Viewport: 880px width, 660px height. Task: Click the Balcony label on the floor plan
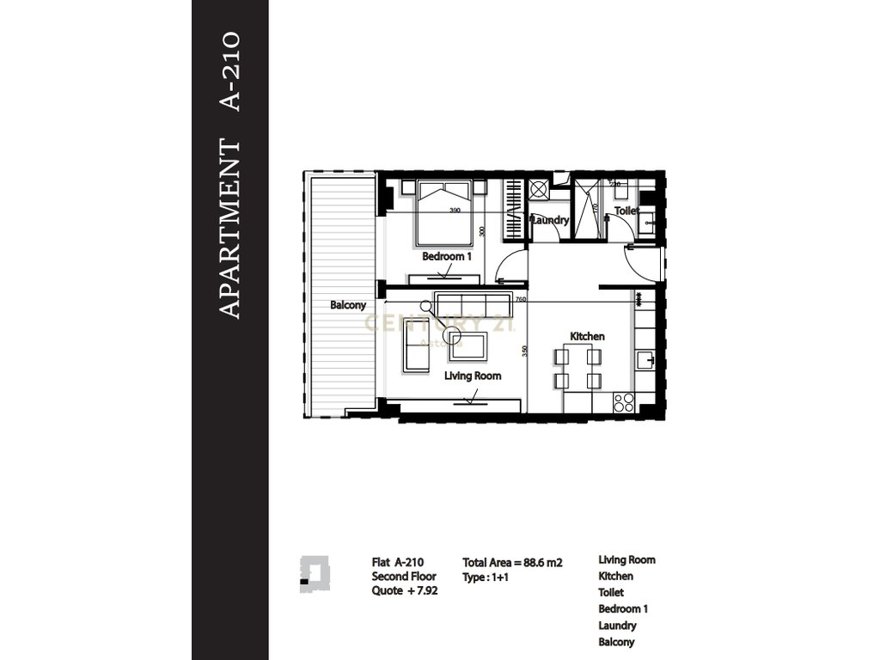tap(348, 305)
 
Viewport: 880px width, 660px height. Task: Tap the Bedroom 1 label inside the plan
tap(447, 256)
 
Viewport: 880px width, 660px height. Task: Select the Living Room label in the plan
tap(473, 376)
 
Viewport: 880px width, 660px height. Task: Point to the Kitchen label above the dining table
tap(587, 336)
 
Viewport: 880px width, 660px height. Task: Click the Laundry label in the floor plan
tap(550, 220)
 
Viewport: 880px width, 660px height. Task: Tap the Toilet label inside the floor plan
tap(626, 210)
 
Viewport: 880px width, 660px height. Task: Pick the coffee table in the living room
tap(465, 345)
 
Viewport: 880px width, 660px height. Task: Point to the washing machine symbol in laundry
tap(540, 189)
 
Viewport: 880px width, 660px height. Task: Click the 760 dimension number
tap(521, 299)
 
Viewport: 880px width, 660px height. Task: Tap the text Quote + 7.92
tap(405, 591)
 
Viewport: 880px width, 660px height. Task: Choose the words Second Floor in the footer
tap(404, 577)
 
